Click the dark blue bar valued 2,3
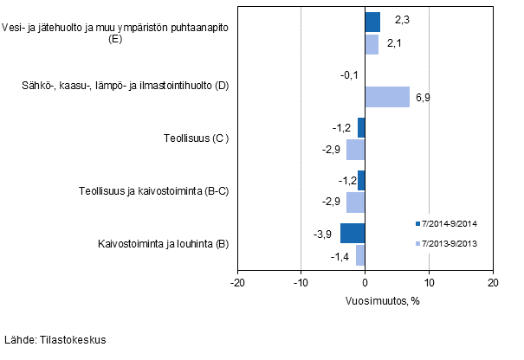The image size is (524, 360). point(372,22)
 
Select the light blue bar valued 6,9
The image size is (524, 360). point(387,96)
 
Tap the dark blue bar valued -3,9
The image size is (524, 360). point(353,234)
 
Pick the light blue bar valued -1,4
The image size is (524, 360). point(360,254)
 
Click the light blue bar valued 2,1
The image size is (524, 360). point(372,43)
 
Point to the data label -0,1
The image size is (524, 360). point(350,75)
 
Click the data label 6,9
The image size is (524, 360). point(423,97)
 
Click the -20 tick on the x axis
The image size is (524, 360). point(237,283)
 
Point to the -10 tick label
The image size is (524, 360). point(301,283)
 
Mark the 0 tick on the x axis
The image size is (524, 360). point(366,283)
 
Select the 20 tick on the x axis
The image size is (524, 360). point(492,283)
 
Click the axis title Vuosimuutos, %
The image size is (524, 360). point(365,300)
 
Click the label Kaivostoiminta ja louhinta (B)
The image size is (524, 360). point(164,244)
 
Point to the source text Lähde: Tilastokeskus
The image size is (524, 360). point(55,340)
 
